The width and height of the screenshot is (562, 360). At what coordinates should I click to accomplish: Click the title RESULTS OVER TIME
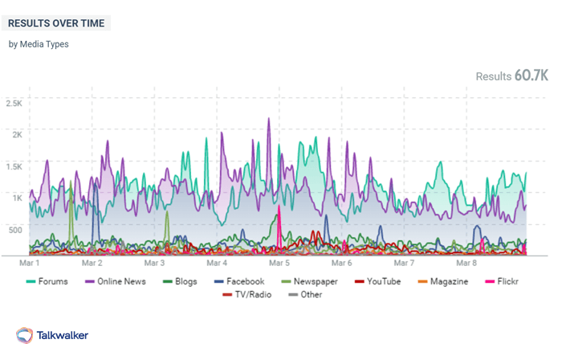56,23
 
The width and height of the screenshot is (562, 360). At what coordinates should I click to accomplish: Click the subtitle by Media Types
39,44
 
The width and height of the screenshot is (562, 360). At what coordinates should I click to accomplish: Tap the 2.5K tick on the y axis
14,103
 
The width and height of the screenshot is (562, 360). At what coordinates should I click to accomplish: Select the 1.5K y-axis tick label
14,166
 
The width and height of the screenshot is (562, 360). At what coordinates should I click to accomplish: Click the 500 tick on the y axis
15,229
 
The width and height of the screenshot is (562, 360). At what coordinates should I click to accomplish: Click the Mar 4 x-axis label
217,263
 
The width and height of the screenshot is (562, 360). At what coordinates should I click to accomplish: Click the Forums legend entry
47,281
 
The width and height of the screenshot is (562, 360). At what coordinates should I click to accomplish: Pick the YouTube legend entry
377,281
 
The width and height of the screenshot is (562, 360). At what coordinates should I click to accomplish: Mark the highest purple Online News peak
269,119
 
